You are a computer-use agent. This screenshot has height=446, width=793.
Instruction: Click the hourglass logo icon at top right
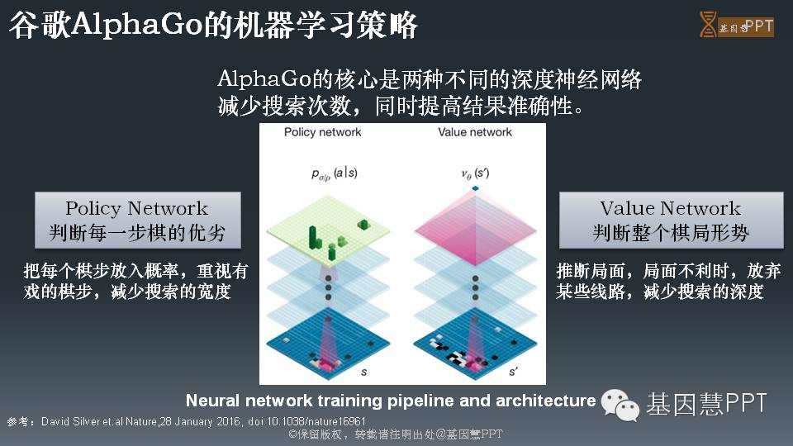pyautogui.click(x=708, y=25)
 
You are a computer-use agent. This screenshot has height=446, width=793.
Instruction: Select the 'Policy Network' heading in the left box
pyautogui.click(x=137, y=208)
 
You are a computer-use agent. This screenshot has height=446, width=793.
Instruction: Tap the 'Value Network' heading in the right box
pyautogui.click(x=671, y=208)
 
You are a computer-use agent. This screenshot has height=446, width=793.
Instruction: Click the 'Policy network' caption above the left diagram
pyautogui.click(x=322, y=132)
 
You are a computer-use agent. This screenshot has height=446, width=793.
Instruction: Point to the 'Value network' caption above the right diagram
pyautogui.click(x=475, y=132)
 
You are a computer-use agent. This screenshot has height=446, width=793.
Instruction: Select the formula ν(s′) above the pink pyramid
pyautogui.click(x=475, y=173)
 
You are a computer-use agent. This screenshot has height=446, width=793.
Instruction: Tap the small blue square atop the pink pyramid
pyautogui.click(x=475, y=189)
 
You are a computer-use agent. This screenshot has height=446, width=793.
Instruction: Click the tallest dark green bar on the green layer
pyautogui.click(x=314, y=236)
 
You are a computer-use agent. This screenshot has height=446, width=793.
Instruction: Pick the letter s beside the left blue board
pyautogui.click(x=364, y=372)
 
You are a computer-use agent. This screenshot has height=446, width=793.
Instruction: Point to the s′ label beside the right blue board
pyautogui.click(x=514, y=372)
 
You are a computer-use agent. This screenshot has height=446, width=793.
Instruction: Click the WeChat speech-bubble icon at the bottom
pyautogui.click(x=619, y=405)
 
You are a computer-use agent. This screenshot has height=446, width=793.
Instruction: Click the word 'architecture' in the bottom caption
pyautogui.click(x=545, y=401)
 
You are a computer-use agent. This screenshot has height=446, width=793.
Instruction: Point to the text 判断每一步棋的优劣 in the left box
pyautogui.click(x=137, y=233)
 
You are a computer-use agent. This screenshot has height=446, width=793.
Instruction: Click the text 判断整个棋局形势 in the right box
pyautogui.click(x=671, y=233)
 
